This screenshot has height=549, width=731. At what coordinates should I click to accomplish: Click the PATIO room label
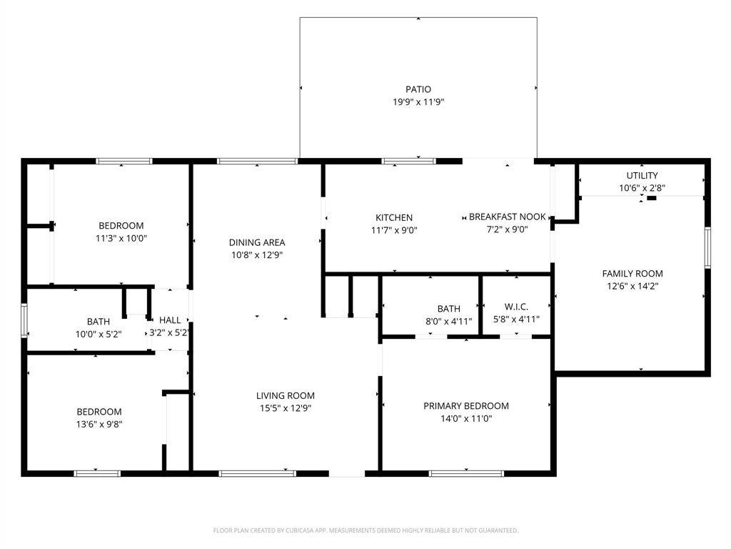[x=418, y=89]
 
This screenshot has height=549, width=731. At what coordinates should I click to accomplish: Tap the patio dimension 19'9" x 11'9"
[x=418, y=102]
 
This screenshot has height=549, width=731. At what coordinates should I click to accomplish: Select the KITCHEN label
[x=394, y=217]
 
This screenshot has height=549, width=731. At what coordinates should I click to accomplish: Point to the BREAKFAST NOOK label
[x=507, y=217]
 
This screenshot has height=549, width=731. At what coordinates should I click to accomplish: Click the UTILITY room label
[x=642, y=175]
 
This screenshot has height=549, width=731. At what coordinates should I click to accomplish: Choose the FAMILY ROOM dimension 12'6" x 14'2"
[x=632, y=286]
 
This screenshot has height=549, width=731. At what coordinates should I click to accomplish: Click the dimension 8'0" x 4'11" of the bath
[x=448, y=321]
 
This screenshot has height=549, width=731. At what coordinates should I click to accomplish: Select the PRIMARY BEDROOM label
[x=466, y=406]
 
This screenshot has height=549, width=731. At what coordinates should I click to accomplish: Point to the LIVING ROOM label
[x=286, y=395]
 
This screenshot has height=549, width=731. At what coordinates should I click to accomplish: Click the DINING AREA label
[x=257, y=242]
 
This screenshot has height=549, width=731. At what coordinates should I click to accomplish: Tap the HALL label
[x=170, y=320]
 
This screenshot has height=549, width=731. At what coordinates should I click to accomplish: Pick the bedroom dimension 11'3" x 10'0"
[x=121, y=238]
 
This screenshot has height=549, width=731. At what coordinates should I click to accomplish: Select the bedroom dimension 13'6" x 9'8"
[x=99, y=424]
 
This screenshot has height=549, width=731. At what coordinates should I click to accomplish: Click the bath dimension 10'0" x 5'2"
[x=99, y=334]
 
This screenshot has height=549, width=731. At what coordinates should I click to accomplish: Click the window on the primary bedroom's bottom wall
[x=466, y=473]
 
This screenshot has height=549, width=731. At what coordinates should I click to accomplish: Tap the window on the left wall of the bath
[x=24, y=320]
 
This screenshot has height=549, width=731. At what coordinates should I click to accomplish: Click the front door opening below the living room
[x=348, y=473]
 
